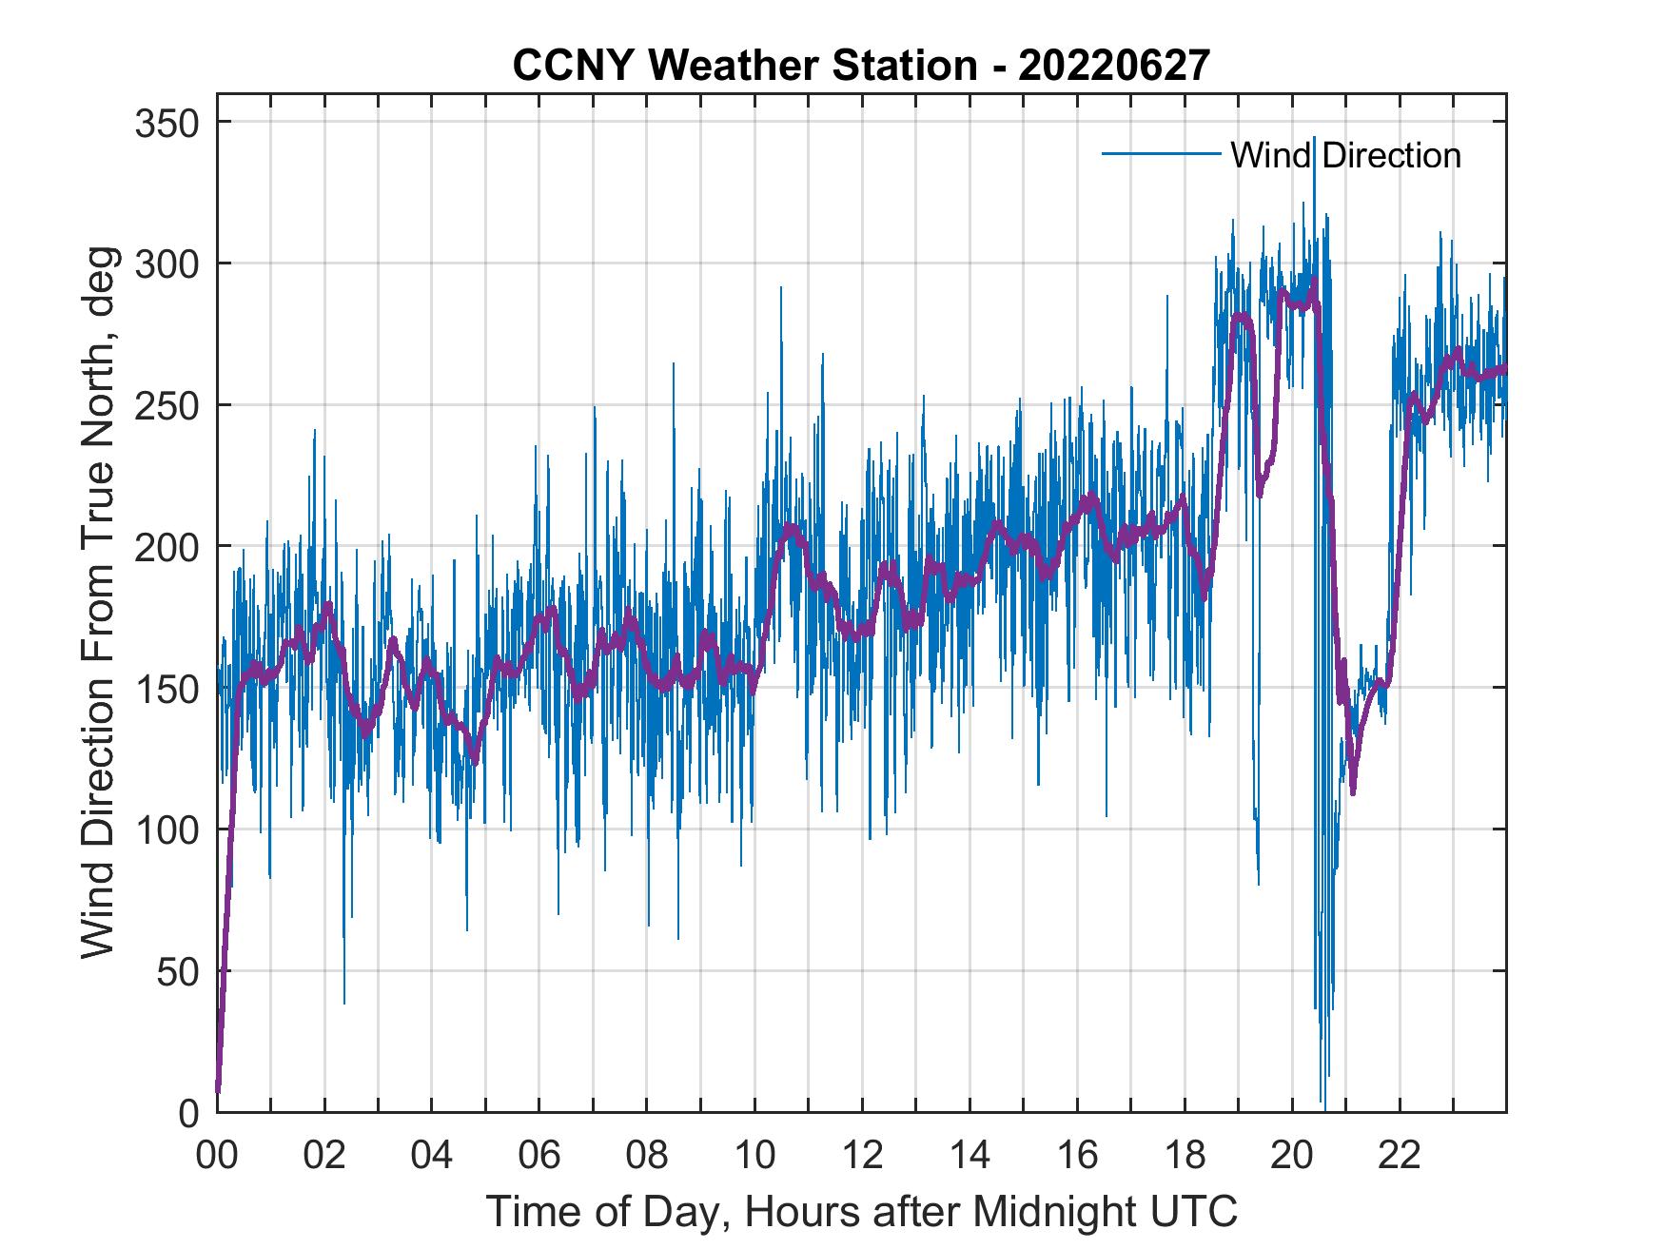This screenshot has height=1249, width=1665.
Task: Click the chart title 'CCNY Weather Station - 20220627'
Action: coord(861,66)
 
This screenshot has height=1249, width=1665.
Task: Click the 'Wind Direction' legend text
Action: coord(1345,155)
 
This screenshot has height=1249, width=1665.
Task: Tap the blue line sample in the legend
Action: coord(1161,154)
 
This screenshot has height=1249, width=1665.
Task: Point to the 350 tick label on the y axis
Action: coord(166,123)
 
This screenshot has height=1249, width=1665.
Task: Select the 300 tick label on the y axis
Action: coord(166,263)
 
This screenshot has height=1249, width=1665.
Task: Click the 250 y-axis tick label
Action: coord(166,405)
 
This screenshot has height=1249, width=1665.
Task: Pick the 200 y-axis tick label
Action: coord(166,546)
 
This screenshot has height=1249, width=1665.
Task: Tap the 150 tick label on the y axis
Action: coord(166,688)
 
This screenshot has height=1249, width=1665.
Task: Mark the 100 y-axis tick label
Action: coord(166,829)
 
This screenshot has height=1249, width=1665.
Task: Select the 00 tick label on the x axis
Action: coord(217,1157)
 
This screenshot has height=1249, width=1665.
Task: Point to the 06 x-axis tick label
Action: coord(539,1157)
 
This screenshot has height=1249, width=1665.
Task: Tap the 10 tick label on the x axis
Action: coord(754,1157)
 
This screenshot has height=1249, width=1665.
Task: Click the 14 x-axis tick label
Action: coord(970,1157)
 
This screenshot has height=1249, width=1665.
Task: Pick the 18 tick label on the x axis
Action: coord(1185,1157)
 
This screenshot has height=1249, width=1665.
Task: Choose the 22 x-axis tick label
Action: coord(1400,1157)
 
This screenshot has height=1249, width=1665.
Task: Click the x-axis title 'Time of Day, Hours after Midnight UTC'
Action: coord(861,1211)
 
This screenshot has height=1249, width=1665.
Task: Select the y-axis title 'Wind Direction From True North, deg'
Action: coord(97,601)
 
